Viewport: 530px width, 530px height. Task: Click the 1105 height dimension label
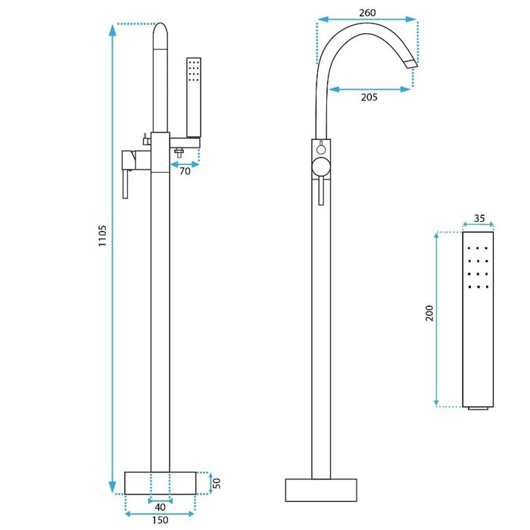click(x=102, y=235)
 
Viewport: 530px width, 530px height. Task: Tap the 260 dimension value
click(x=367, y=13)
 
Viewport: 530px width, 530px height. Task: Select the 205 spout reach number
click(x=369, y=98)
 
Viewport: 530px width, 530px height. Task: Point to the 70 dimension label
click(x=185, y=171)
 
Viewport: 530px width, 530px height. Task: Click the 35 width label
click(x=479, y=218)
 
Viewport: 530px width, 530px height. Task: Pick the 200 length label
click(x=429, y=313)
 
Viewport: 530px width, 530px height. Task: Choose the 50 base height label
click(x=217, y=483)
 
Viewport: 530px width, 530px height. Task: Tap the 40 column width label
click(x=161, y=507)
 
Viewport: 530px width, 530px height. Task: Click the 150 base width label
click(x=161, y=520)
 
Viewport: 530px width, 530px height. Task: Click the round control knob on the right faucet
click(x=321, y=167)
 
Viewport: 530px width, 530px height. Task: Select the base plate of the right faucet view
click(x=321, y=490)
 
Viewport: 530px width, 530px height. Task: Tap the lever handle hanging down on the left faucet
click(x=126, y=184)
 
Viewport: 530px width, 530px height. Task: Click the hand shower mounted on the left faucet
click(x=194, y=98)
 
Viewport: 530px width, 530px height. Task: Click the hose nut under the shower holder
click(x=179, y=151)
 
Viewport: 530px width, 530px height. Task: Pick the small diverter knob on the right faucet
click(x=321, y=148)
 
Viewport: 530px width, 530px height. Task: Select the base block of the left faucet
click(x=161, y=483)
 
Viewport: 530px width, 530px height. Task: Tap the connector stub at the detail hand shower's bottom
click(x=478, y=408)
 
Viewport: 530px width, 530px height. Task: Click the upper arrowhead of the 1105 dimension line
click(x=113, y=30)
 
